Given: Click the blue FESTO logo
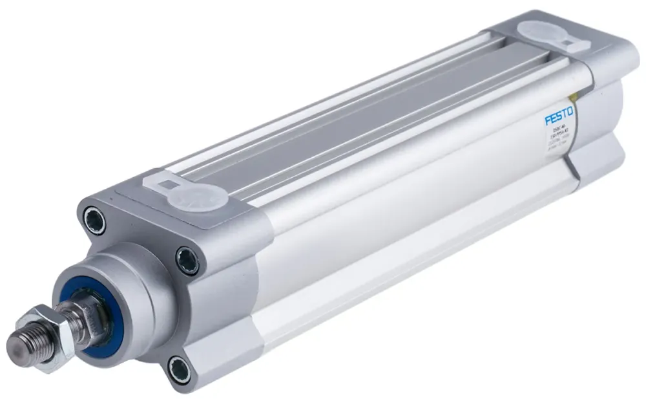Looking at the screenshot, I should click(x=558, y=118).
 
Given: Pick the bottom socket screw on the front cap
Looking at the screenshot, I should click(x=179, y=370).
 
